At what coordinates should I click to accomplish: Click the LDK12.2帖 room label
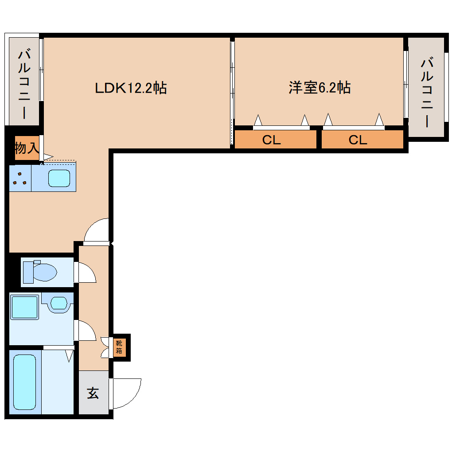[x=131, y=88]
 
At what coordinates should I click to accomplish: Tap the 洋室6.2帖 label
[x=320, y=88]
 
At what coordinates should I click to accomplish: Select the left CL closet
[x=272, y=140]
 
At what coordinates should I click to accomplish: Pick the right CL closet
[x=358, y=140]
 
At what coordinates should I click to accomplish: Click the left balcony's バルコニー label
[x=24, y=84]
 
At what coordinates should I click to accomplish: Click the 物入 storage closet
[x=27, y=148]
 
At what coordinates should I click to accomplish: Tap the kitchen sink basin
[x=59, y=178]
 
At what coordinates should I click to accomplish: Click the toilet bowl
[x=44, y=272]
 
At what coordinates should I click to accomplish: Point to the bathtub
[x=24, y=382]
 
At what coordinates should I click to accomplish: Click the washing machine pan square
[x=24, y=307]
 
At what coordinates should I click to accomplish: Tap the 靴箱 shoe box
[x=120, y=347]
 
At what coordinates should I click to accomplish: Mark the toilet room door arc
[x=87, y=273]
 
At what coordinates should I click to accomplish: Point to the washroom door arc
[x=87, y=331]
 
